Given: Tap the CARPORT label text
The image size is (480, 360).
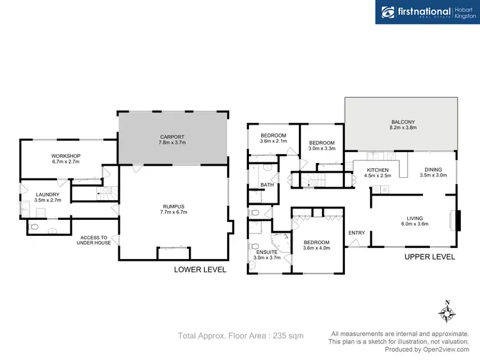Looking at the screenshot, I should coord(173,137).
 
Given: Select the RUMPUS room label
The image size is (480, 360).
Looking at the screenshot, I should coord(173,207).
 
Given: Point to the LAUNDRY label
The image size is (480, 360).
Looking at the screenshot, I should coord(48,195).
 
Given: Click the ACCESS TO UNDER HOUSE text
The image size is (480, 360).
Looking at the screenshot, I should coord(93,240).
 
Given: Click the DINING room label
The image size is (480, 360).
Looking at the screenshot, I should coord(433,170).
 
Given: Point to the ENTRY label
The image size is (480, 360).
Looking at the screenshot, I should coord(356,233).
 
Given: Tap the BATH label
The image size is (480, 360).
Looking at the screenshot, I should coord(267,185).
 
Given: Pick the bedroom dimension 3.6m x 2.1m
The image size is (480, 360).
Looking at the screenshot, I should coord(273,141).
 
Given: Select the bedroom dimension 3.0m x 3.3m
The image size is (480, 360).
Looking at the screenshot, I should coord(322,148).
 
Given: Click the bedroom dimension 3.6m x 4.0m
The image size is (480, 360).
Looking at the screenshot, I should coord(317,249).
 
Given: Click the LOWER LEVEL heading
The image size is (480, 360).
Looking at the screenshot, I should coord(200,270).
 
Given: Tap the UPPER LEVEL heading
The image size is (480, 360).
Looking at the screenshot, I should coord(429,256).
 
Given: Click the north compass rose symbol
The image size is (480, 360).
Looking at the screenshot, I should coord(447,313).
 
